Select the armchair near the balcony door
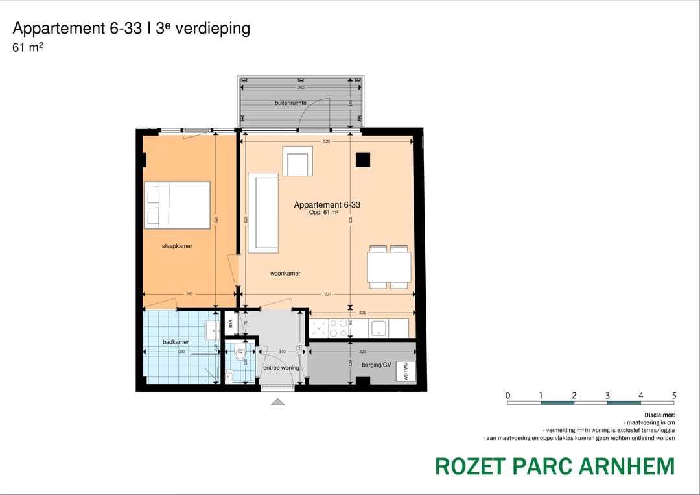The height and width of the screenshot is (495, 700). [x=297, y=162]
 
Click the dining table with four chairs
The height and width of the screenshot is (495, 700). [x=389, y=267]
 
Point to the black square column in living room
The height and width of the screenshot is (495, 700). [x=362, y=160]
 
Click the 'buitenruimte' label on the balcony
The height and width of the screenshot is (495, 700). [x=290, y=103]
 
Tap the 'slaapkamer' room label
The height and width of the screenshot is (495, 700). [x=177, y=247]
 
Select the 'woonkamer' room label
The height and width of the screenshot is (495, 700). [x=285, y=274]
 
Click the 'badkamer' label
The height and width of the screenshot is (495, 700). [x=175, y=342]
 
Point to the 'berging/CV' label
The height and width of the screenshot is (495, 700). [x=377, y=365]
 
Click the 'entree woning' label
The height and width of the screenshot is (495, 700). [x=281, y=368]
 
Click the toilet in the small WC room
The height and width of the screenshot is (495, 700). [x=240, y=354]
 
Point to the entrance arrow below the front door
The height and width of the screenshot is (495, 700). [x=278, y=402]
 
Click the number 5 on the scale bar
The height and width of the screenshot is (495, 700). [x=674, y=395]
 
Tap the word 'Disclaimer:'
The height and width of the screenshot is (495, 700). [x=659, y=414]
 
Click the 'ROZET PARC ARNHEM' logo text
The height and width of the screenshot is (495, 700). [x=554, y=466]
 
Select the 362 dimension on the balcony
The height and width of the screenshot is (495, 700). [x=301, y=87]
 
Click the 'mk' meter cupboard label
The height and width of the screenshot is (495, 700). [x=230, y=323]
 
